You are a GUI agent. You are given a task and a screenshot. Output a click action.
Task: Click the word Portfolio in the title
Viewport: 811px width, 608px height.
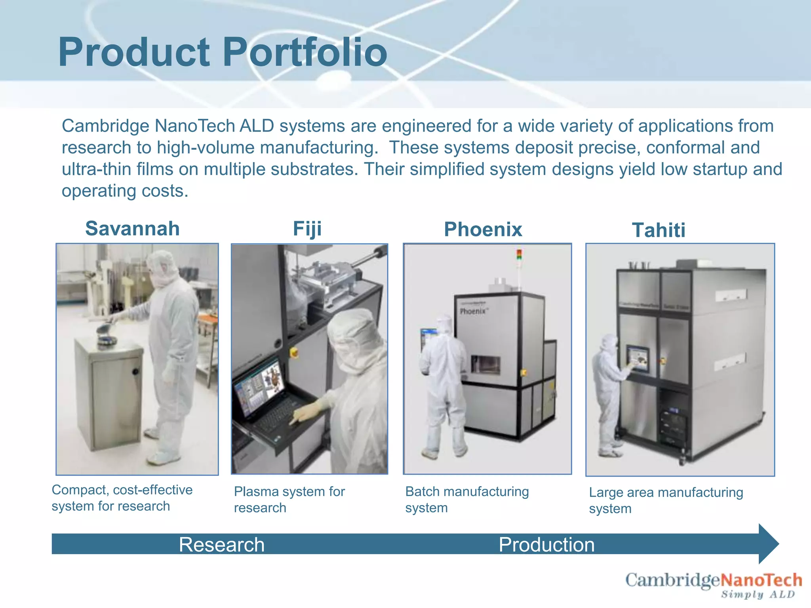(x=305, y=52)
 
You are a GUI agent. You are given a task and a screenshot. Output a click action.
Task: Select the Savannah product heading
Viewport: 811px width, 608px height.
(x=133, y=228)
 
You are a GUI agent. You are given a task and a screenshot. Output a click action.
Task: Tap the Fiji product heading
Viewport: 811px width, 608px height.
(x=307, y=229)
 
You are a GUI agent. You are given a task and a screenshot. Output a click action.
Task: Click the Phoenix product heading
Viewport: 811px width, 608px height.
(x=483, y=230)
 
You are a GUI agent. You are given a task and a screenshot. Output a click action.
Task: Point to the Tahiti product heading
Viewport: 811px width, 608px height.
(x=659, y=230)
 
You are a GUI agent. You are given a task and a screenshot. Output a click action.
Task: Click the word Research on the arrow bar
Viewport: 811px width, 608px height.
(x=222, y=545)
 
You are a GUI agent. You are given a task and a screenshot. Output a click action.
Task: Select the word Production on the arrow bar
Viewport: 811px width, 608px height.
(x=547, y=545)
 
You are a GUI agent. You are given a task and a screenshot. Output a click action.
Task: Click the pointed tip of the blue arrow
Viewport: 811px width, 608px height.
(x=779, y=544)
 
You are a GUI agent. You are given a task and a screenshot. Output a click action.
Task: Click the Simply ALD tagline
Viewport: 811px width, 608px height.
(x=758, y=594)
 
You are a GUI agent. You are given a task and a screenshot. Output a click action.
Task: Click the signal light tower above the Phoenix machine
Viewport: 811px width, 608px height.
(x=519, y=255)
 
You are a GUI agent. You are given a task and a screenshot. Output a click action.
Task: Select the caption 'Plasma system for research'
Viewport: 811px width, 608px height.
(x=289, y=500)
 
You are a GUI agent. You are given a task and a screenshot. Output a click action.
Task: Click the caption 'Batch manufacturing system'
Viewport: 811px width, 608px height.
(x=467, y=500)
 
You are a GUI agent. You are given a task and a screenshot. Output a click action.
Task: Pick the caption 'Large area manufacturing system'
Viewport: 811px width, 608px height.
(x=666, y=500)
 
